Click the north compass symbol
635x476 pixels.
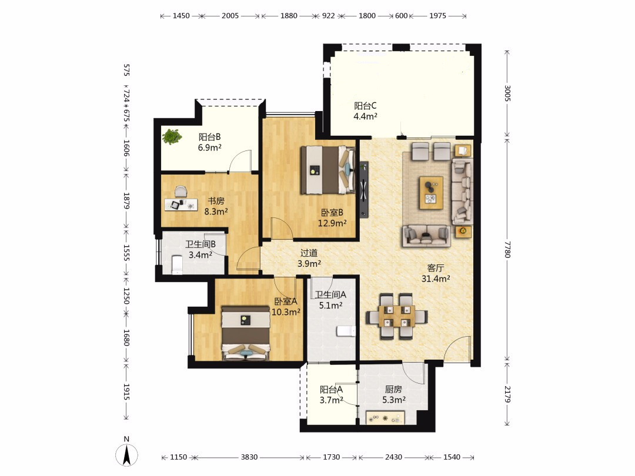click(127, 454)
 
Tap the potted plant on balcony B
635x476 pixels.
click(172, 136)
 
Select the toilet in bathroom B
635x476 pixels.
click(177, 265)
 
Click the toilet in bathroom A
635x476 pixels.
click(346, 331)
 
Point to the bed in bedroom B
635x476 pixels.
click(328, 170)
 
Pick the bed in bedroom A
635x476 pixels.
click(246, 333)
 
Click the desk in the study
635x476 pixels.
click(181, 205)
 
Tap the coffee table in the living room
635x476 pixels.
click(431, 193)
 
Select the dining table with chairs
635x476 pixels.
click(396, 316)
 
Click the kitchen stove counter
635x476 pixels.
click(386, 417)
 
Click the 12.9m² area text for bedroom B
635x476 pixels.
click(332, 223)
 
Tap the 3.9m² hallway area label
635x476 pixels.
click(309, 263)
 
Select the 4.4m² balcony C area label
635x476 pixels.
click(365, 116)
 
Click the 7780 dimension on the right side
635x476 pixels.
click(508, 249)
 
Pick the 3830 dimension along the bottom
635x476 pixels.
click(249, 457)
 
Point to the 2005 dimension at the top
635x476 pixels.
click(230, 16)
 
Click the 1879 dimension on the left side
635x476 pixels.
click(126, 201)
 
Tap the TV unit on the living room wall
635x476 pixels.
click(364, 189)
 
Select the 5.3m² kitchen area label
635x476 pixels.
click(394, 400)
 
